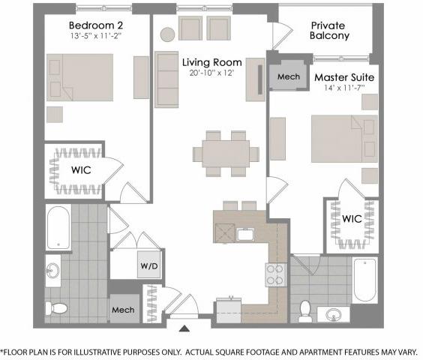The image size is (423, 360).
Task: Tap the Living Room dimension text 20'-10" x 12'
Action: pos(210,73)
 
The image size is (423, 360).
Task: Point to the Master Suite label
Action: pos(344,77)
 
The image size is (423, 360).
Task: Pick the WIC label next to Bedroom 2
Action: pos(81,170)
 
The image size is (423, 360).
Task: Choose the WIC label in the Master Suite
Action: pos(352,219)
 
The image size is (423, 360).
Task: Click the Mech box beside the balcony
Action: pos(288,77)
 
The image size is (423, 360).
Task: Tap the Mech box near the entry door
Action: pos(123,309)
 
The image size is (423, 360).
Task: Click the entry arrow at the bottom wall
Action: pos(184,327)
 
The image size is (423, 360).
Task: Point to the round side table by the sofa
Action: pos(166,34)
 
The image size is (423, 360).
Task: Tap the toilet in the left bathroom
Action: pos(57,307)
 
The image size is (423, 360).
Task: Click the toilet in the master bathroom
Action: pos(304,310)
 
